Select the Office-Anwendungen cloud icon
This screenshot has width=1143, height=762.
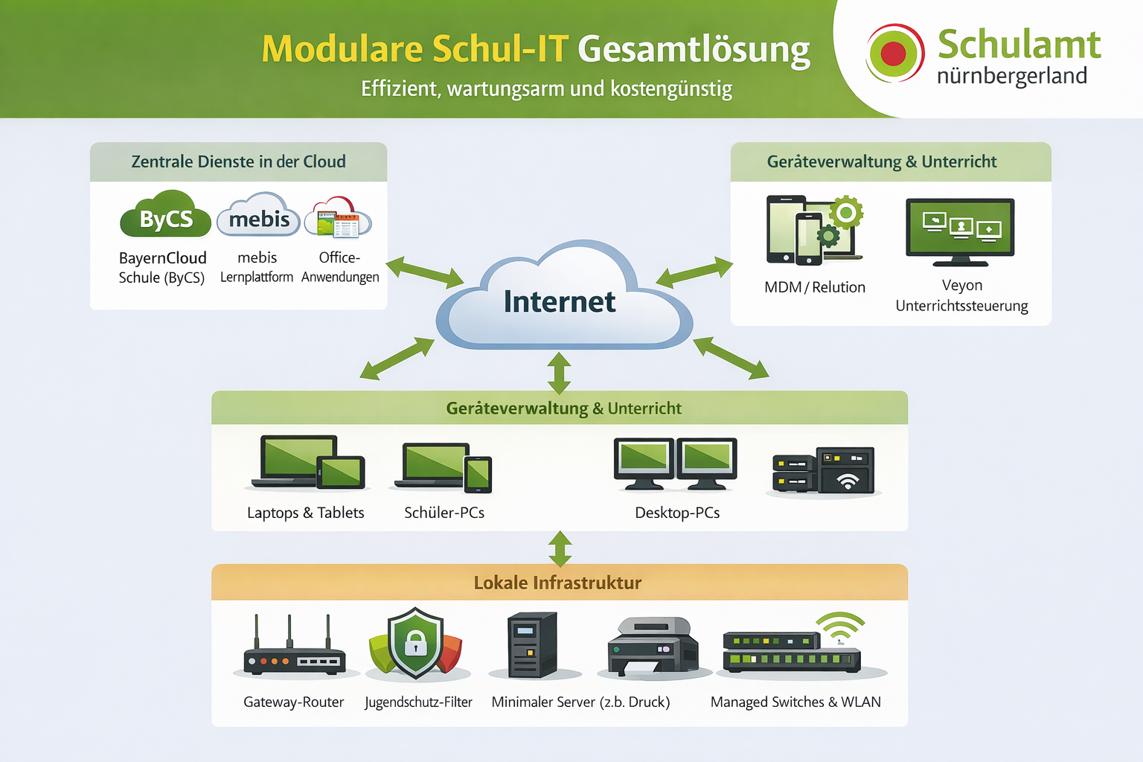coord(339,218)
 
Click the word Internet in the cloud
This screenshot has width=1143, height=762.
coord(560,302)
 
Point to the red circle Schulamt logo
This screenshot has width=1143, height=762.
coord(894,54)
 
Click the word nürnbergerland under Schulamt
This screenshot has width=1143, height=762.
coord(1012,76)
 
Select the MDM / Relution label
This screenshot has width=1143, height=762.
coord(815,287)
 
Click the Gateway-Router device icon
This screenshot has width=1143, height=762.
coord(294,652)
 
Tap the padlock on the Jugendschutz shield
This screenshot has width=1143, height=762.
coord(415,641)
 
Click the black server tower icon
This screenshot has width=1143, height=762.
coord(532,644)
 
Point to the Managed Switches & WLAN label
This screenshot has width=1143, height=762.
coord(795,702)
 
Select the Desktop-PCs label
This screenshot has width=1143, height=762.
coord(677,513)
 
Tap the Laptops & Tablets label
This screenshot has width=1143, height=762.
coord(305,513)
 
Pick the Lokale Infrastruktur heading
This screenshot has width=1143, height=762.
coord(557,583)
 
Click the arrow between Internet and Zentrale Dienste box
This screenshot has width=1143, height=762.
coord(424,272)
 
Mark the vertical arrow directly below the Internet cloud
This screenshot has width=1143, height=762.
coord(559,372)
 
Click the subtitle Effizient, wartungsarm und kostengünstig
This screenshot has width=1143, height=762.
coord(546,89)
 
